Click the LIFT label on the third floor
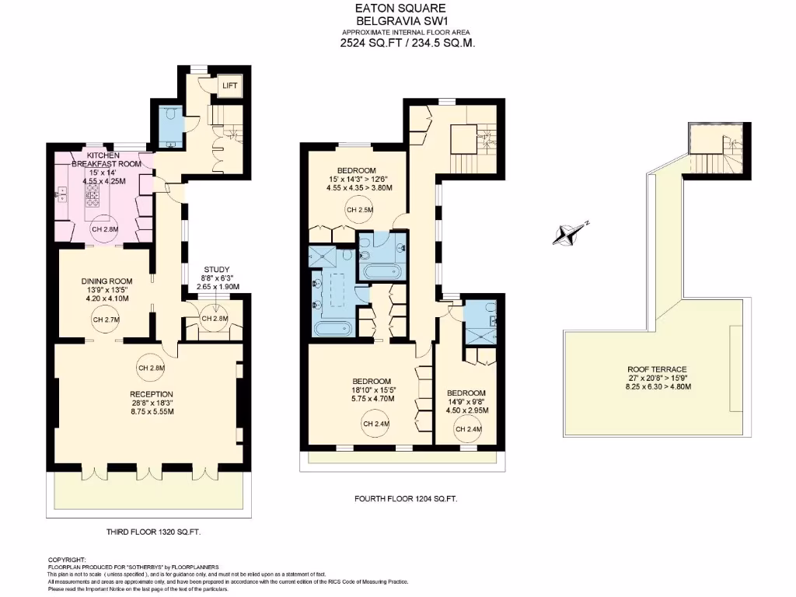point(230,86)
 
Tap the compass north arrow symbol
point(571,232)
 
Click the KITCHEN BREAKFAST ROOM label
point(107,159)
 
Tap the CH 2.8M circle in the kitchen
point(103,229)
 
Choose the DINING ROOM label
point(107,281)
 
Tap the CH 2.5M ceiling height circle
point(360,210)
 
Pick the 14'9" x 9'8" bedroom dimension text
point(466,402)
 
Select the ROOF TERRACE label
point(658,369)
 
